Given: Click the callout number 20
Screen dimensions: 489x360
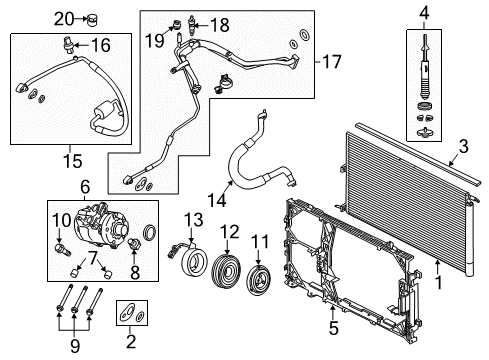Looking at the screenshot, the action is [x=64, y=19].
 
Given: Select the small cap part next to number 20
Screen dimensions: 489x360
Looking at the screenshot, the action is [x=92, y=20].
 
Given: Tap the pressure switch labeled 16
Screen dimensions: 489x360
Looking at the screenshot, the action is [x=68, y=46].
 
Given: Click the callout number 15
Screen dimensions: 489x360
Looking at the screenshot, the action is [x=73, y=161].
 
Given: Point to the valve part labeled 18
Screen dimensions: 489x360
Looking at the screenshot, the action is [x=192, y=25].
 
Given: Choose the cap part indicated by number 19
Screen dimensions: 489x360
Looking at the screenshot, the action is [x=178, y=25].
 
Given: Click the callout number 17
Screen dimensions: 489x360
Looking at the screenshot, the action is [x=332, y=62].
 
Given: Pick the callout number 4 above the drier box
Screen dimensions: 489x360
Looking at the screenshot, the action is [x=424, y=13].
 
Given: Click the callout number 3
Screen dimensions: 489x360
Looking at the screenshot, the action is [x=464, y=146].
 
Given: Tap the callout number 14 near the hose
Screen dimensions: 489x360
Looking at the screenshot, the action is [x=217, y=200].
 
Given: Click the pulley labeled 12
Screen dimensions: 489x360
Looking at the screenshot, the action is [x=227, y=270].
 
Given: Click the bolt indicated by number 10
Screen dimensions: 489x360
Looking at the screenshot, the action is [x=62, y=249].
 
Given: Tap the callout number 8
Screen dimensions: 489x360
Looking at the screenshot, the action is [x=135, y=272].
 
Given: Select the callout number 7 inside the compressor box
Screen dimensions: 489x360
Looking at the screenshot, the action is [x=92, y=257].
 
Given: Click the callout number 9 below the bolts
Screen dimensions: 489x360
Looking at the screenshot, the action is [x=75, y=346].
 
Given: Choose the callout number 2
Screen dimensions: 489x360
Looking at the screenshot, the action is [x=131, y=341].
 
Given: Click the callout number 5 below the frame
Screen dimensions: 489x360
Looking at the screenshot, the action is [x=334, y=327].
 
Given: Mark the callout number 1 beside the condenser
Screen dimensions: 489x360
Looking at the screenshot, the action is [x=439, y=282].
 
